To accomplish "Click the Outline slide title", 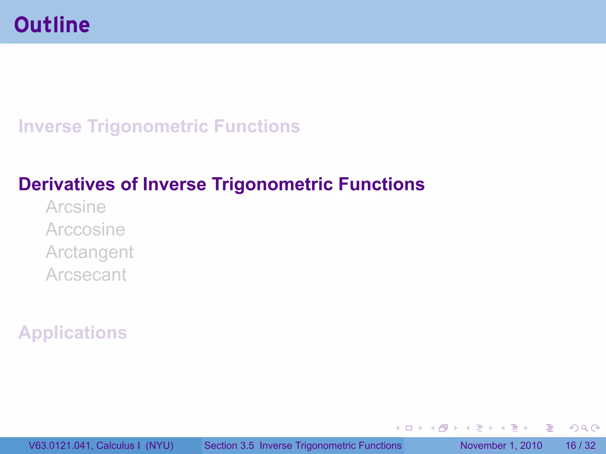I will (52, 25).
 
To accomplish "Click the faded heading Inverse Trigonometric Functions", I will (159, 127).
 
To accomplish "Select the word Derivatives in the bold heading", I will (67, 184).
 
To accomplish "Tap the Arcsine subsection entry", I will (76, 207).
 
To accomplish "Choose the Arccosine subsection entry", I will (85, 230).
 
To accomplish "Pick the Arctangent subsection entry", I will (89, 252).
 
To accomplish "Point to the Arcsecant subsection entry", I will (86, 275).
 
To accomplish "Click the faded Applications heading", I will (72, 333).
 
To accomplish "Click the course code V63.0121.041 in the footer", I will (59, 445).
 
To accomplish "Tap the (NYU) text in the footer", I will (159, 445).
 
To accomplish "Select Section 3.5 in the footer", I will (229, 445).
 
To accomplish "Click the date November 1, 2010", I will (501, 445).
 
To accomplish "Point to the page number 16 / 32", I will (580, 445).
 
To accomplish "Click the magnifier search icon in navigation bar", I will (584, 428).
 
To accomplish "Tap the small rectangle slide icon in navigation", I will (409, 428).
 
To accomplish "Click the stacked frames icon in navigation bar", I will (443, 428).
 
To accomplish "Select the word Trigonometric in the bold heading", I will (273, 184).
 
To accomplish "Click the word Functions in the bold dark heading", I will (381, 184).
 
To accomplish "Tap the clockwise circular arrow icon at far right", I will (595, 428).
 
